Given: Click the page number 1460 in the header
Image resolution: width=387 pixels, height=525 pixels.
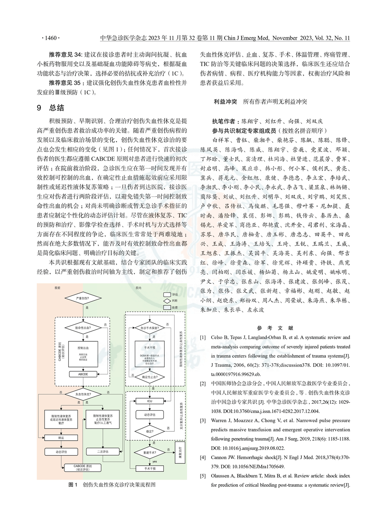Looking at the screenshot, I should coord(50,38).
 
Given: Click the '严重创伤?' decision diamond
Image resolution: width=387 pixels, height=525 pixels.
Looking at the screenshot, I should coord(83,298).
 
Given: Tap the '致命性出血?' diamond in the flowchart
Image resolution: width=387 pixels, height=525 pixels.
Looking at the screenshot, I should coord(83,328).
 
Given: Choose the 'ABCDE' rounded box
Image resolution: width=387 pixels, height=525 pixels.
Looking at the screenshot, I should coord(83,374).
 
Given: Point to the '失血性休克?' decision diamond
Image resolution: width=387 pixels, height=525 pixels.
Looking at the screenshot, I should coord(83,394).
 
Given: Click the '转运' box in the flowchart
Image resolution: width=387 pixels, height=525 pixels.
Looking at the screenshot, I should coord(61,438).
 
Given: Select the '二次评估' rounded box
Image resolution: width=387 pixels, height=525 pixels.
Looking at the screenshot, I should coord(103,451).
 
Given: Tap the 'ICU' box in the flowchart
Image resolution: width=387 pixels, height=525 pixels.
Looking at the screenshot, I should coord(149,401).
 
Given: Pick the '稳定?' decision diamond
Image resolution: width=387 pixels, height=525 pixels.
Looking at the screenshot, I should coord(149,431).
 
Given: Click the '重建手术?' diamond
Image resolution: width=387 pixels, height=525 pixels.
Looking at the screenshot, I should coord(149,452).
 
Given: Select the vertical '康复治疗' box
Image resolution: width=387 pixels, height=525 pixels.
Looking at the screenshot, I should coord(180,452).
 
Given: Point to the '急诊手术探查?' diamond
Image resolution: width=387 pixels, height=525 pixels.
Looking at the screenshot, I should coord(149,328).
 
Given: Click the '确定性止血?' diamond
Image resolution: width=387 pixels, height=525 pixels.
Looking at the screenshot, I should coord(149,377).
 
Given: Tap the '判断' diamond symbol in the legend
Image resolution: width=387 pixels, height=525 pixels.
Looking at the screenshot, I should coord(167,301).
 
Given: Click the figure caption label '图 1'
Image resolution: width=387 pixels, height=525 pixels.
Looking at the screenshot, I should coord(73,484).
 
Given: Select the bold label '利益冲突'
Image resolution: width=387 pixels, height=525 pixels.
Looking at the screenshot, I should coord(225,101).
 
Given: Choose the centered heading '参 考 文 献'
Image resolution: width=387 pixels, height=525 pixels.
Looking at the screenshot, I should coord(275,328).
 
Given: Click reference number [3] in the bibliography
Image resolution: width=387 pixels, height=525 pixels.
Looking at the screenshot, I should coord(203,420).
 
